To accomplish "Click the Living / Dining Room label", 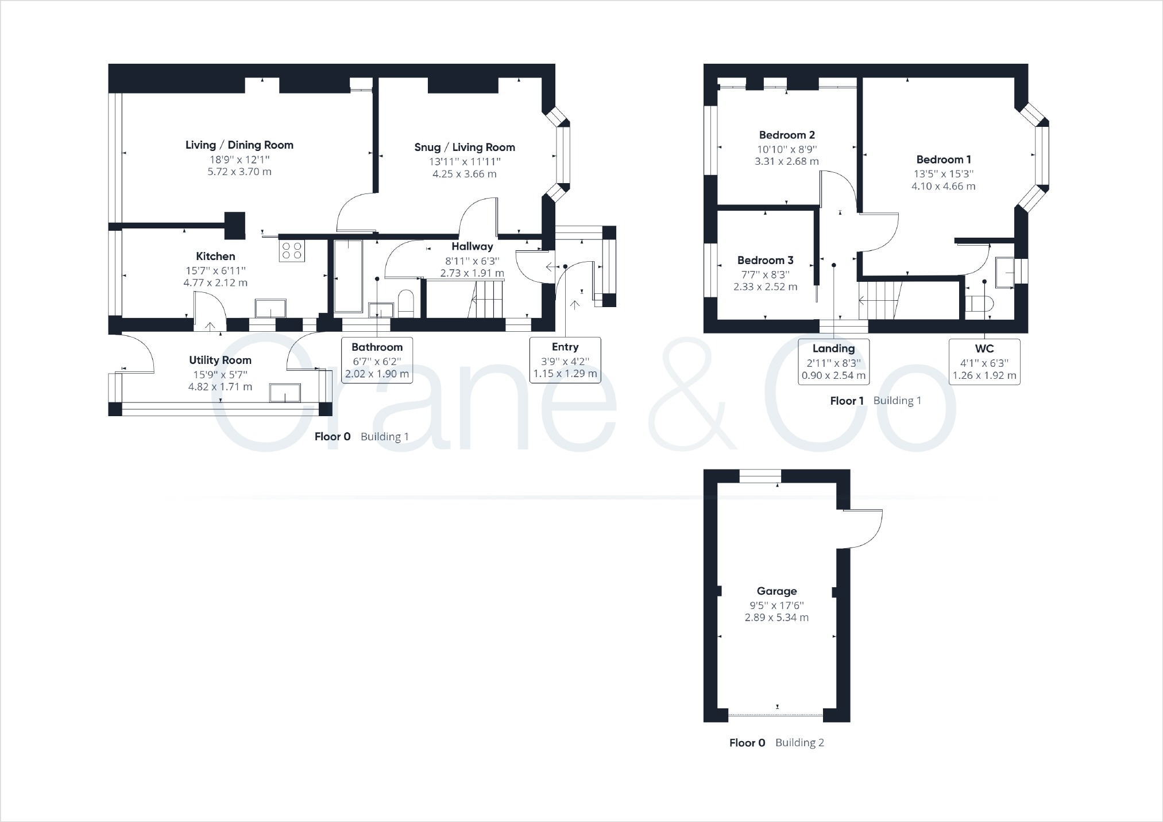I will point(239,145).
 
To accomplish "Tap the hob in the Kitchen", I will point(291,250).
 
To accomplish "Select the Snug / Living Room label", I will point(465,148).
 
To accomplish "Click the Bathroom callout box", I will point(377,360).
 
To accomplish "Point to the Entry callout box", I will point(565,360).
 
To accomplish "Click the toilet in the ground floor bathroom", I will point(406,304).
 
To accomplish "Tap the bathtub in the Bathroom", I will point(348,276).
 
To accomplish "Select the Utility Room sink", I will point(285,393).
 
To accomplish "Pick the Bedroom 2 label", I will point(787,135).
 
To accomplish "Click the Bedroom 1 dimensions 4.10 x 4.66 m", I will point(943,186).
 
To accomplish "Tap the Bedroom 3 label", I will point(765,261).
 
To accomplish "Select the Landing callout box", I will point(833,362).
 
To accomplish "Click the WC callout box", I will point(984,362).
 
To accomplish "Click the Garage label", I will point(776,591).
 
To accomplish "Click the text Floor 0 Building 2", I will point(776,743).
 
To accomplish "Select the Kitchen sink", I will point(270,308).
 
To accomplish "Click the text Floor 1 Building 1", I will point(875,401).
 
